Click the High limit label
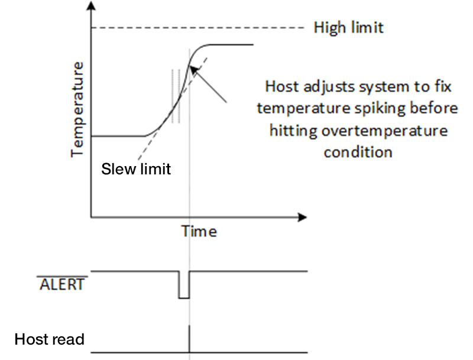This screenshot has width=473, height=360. point(348,27)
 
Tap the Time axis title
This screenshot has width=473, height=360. point(199,231)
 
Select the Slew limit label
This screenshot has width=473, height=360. point(137,169)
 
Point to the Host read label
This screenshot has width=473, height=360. point(50,340)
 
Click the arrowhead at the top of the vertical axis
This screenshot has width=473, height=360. point(90,8)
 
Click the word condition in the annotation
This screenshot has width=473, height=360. point(358,152)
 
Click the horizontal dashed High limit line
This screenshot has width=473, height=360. point(195,27)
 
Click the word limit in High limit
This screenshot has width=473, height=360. point(368,27)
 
